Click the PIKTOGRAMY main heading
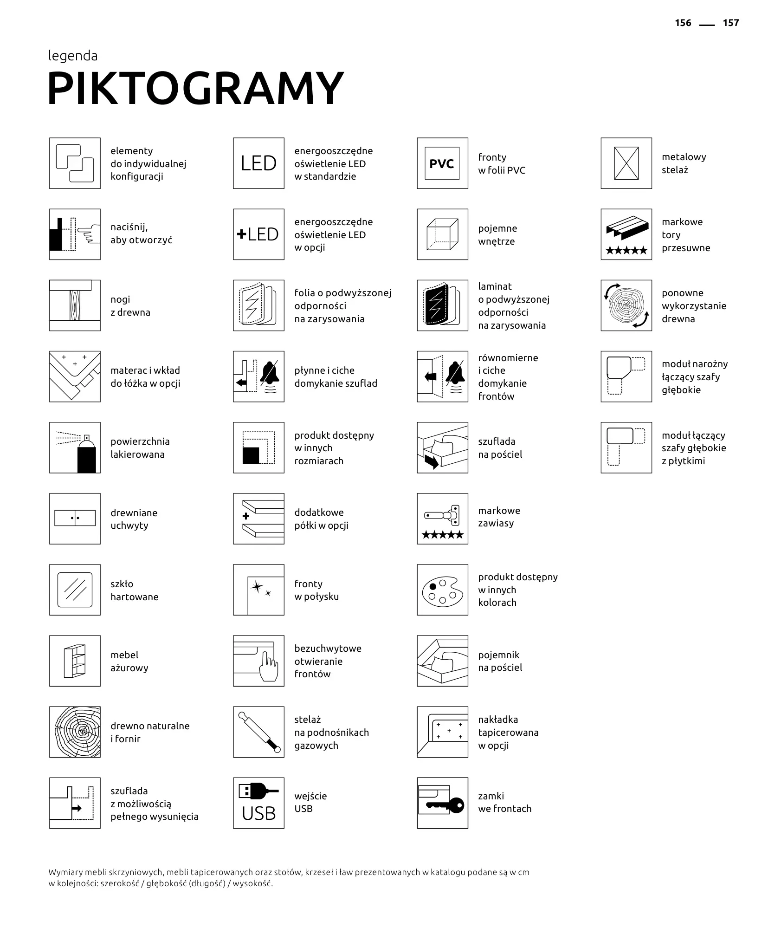click(195, 88)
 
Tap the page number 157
click(730, 23)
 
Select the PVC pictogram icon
click(442, 163)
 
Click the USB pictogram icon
click(258, 803)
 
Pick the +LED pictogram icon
click(258, 234)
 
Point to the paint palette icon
click(442, 590)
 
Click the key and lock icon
click(442, 803)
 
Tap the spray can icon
click(75, 448)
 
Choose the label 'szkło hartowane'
click(134, 590)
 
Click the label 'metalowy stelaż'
click(684, 163)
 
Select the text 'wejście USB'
click(310, 802)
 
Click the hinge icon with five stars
click(442, 519)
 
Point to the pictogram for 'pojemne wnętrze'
click(442, 234)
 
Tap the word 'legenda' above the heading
click(73, 56)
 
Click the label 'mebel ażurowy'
click(129, 661)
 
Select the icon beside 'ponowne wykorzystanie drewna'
click(626, 305)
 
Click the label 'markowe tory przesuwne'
click(685, 234)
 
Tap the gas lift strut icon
click(258, 732)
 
